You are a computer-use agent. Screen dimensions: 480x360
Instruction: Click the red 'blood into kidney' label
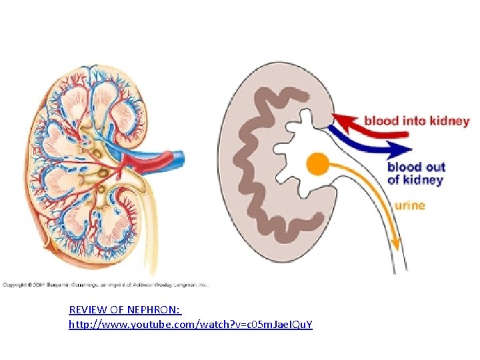(x=416, y=121)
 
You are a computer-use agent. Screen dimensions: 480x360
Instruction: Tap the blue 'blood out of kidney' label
(x=416, y=173)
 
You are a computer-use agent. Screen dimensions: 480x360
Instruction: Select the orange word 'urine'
(x=409, y=205)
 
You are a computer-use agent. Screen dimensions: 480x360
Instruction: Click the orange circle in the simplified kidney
(x=318, y=164)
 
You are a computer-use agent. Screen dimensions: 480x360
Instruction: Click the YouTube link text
(x=191, y=324)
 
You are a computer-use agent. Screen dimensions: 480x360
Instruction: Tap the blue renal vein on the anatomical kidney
(x=153, y=158)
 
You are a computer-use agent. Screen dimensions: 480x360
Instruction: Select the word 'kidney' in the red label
(x=449, y=121)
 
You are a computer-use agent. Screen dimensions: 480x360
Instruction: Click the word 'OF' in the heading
(x=119, y=310)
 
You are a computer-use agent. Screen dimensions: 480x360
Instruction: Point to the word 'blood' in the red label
(x=381, y=121)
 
